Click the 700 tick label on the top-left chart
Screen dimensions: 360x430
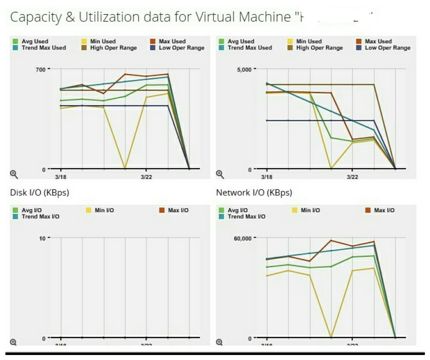click(x=40, y=70)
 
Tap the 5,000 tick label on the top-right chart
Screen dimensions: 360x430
click(x=244, y=70)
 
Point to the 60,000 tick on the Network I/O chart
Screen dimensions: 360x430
click(x=243, y=239)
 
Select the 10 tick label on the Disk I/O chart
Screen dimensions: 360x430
click(x=42, y=239)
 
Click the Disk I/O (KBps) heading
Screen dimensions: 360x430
click(x=39, y=193)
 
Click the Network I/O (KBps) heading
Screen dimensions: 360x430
click(x=254, y=193)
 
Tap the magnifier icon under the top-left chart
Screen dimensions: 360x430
click(x=14, y=174)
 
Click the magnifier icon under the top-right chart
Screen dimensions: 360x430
click(x=220, y=174)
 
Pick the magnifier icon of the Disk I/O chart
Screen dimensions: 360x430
click(x=13, y=342)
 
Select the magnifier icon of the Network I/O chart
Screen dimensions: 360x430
click(x=219, y=342)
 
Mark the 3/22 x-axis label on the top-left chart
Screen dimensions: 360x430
click(x=146, y=177)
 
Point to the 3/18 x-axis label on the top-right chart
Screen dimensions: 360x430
click(x=266, y=177)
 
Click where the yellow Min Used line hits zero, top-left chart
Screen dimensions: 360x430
click(x=125, y=168)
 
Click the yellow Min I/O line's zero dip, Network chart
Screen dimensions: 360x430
click(x=331, y=337)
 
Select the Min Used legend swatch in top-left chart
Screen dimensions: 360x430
click(x=84, y=41)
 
